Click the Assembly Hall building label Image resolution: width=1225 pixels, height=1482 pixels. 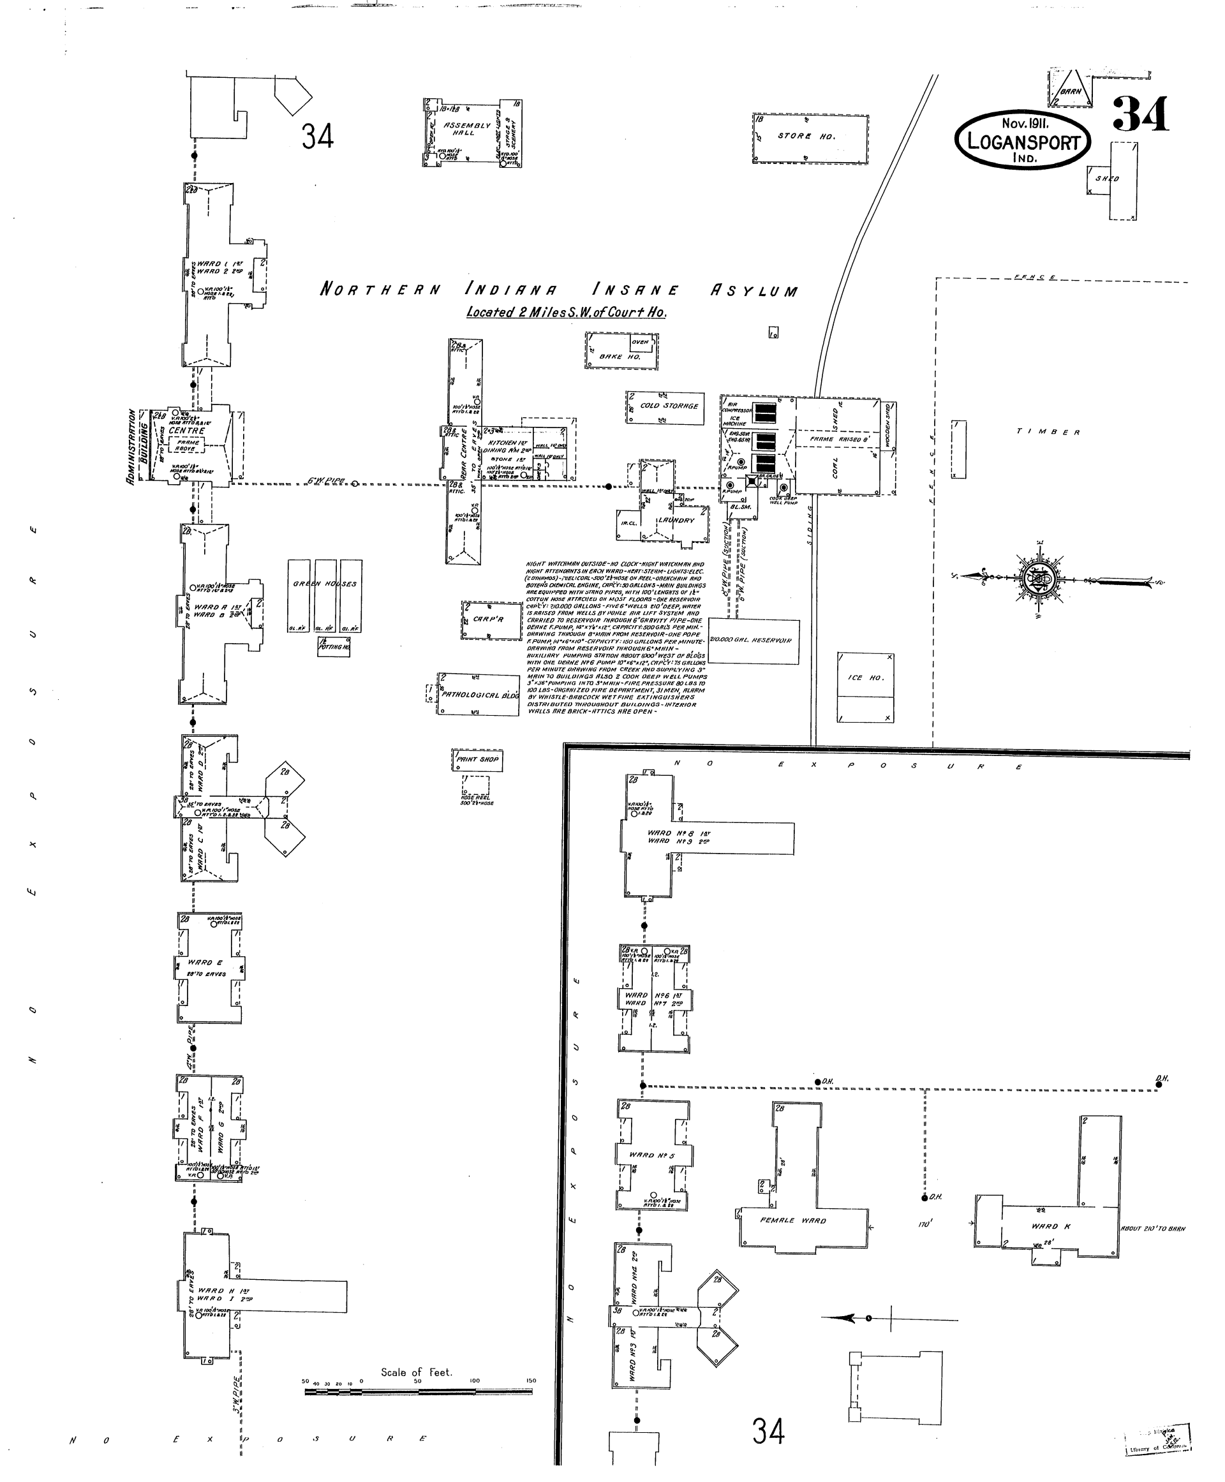(466, 129)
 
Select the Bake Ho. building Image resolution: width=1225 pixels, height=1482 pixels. (621, 351)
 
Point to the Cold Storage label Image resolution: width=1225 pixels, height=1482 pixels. (669, 406)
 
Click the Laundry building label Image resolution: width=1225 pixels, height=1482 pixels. (676, 521)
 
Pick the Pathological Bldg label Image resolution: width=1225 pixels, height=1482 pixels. (480, 695)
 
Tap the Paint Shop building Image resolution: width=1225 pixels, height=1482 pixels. (477, 759)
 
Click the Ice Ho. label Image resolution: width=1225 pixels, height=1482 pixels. (865, 678)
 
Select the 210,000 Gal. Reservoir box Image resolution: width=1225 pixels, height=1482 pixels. (753, 642)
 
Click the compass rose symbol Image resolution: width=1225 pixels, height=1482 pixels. (1039, 579)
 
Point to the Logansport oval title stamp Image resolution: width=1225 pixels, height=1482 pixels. (1023, 140)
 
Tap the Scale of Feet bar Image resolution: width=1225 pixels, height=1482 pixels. (419, 1393)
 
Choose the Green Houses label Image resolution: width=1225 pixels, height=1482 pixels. (325, 584)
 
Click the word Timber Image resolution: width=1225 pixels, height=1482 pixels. (1048, 432)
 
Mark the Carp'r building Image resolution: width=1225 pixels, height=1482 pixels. (488, 619)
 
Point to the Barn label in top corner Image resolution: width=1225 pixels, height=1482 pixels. (1070, 92)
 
